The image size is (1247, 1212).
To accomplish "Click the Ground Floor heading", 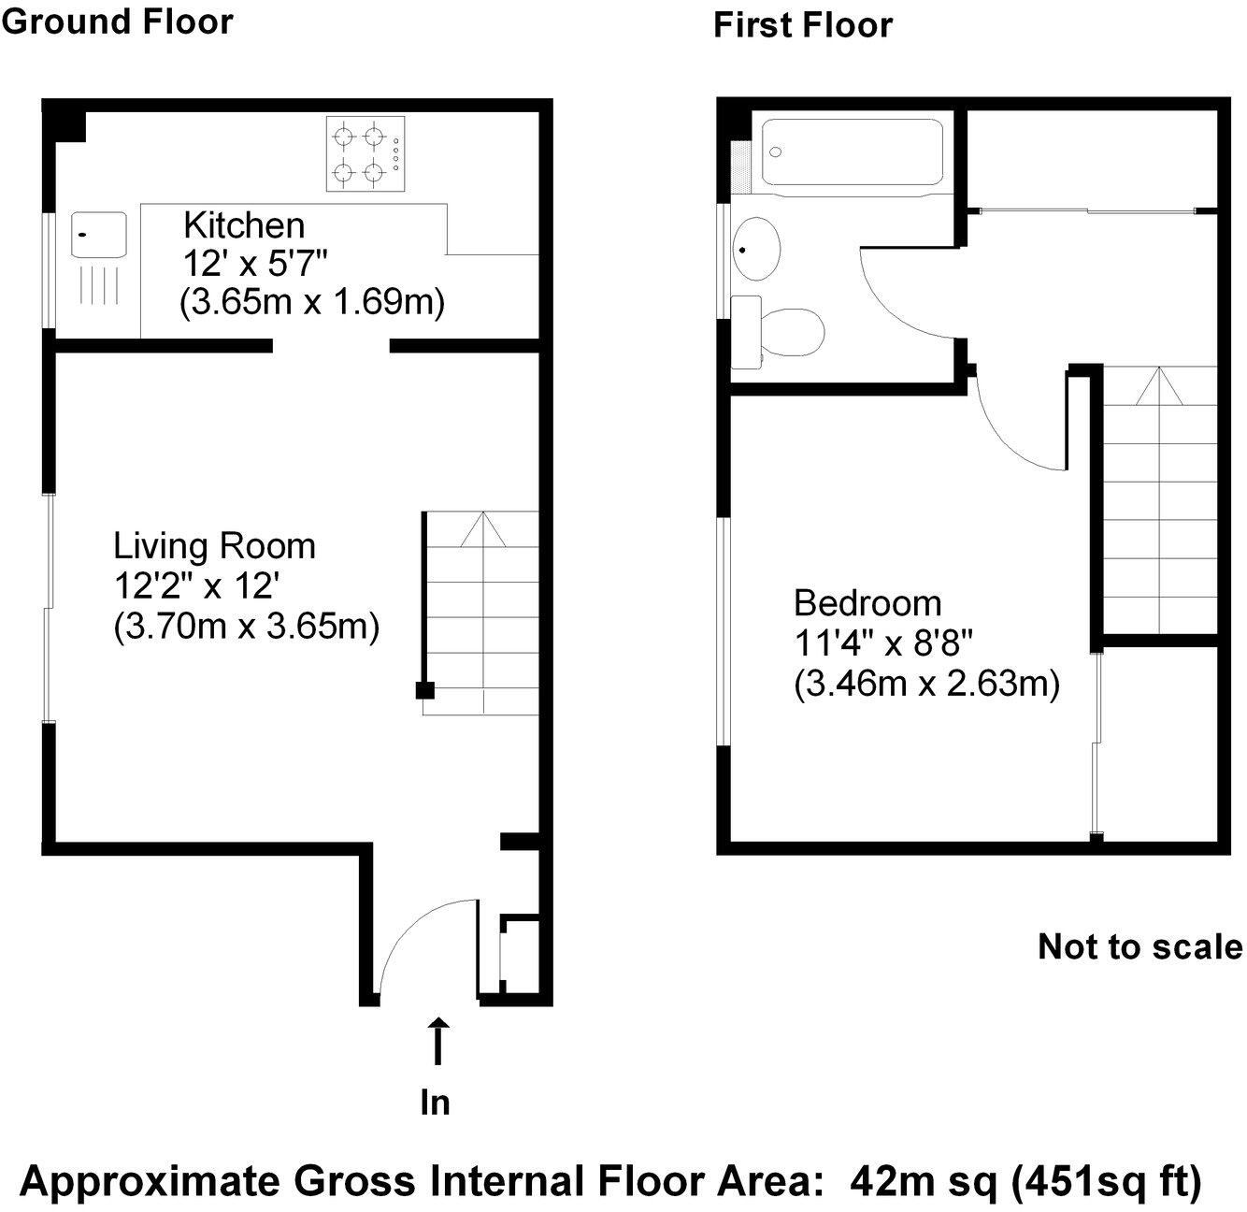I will pyautogui.click(x=117, y=21).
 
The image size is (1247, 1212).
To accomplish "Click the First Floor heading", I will pyautogui.click(x=802, y=25).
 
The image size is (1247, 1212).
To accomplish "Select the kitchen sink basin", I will pyautogui.click(x=99, y=234).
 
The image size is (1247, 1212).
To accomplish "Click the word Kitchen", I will pyautogui.click(x=244, y=225).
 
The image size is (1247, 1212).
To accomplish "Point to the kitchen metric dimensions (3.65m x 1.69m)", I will pyautogui.click(x=311, y=303).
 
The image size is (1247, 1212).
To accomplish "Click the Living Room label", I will pyautogui.click(x=214, y=545).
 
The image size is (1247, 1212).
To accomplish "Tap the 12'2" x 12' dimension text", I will pyautogui.click(x=196, y=586).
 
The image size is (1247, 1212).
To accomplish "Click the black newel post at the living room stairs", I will pyautogui.click(x=424, y=690).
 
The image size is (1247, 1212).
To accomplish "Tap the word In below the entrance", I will pyautogui.click(x=435, y=1104).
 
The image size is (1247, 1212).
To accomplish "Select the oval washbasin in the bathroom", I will pyautogui.click(x=755, y=249).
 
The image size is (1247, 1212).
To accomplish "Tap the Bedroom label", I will pyautogui.click(x=867, y=603).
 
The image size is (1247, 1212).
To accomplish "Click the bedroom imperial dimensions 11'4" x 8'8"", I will pyautogui.click(x=883, y=644).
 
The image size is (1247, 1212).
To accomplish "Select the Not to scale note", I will pyautogui.click(x=1139, y=946).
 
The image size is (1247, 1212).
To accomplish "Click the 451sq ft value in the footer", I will pyautogui.click(x=1106, y=1182).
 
